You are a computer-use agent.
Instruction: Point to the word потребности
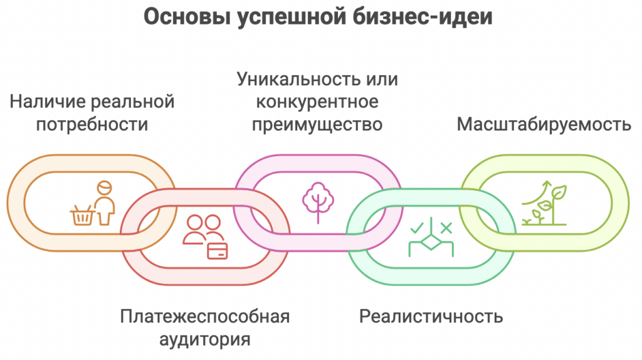point(92,124)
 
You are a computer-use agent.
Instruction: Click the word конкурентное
point(317,102)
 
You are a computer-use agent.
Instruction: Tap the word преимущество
point(317,124)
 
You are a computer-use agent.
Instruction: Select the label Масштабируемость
point(544,124)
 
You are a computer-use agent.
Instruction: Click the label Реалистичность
point(431,316)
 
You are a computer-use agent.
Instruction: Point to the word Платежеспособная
point(205,316)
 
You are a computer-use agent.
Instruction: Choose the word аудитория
point(205,339)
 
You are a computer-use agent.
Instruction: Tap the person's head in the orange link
point(104,187)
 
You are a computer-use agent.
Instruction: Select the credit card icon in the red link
point(218,250)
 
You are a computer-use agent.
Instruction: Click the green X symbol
point(446,227)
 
